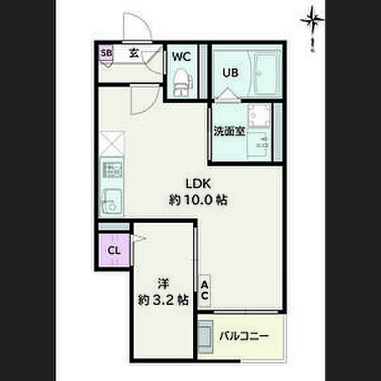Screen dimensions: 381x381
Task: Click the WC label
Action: pos(182,56)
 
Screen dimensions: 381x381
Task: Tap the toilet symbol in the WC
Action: pos(182,82)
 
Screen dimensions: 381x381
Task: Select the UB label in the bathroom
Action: pos(230,73)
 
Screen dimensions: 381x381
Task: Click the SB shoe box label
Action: pos(106,53)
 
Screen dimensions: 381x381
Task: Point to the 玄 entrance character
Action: pos(134,53)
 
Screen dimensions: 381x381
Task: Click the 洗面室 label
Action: pos(229,131)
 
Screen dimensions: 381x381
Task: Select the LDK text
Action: pos(198,183)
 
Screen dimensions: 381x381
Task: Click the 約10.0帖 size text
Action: pos(198,200)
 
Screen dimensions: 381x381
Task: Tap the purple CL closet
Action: pos(114,250)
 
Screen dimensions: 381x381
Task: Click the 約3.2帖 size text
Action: pos(164,300)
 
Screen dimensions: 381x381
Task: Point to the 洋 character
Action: pos(164,284)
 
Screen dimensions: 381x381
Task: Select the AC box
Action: pos(204,291)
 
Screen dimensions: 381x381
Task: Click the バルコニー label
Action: pos(244,337)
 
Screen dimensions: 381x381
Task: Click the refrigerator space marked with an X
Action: pos(112,144)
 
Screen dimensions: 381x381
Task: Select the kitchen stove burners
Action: pos(113,170)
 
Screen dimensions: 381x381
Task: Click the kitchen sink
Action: pos(111,202)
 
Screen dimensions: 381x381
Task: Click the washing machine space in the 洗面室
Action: pos(259,116)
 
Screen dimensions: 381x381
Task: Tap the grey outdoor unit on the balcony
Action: pos(206,337)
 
